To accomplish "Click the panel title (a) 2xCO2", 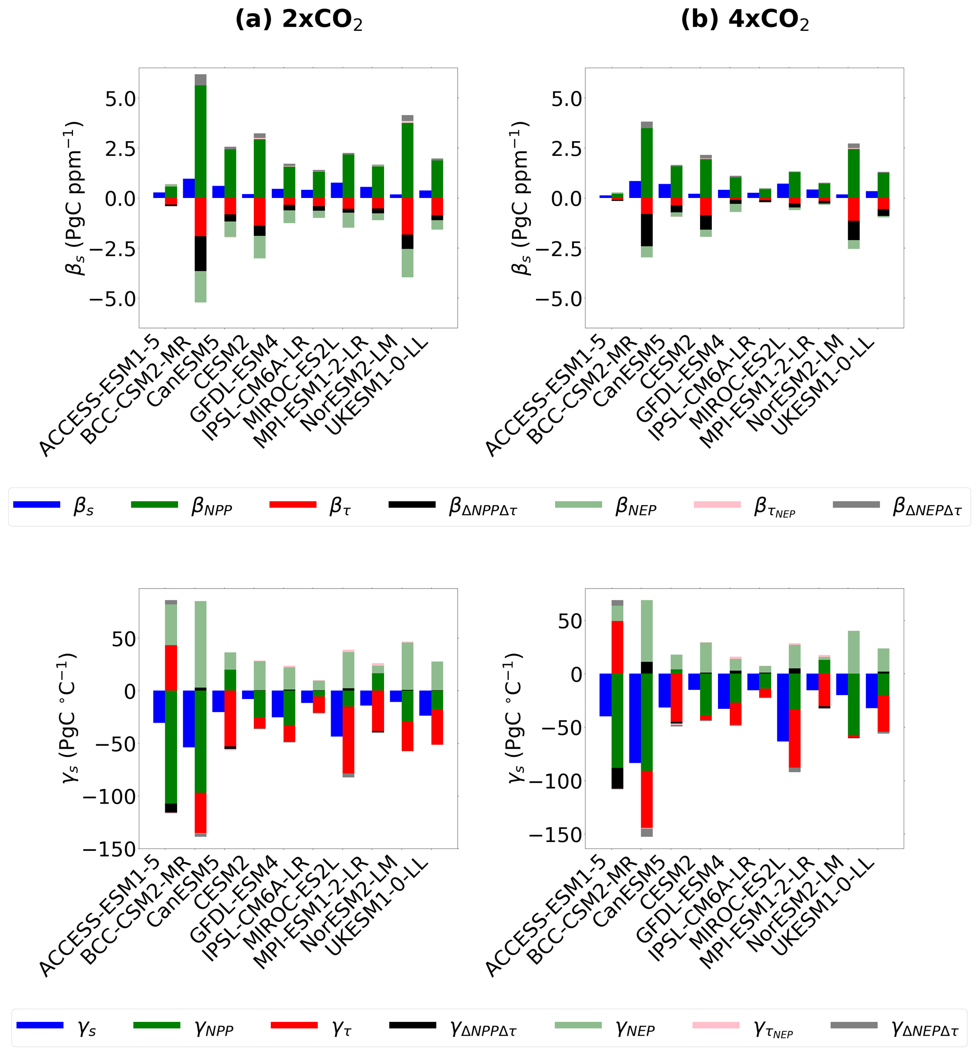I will click(299, 20).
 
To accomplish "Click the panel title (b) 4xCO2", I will click(745, 20).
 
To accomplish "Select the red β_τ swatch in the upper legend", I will click(293, 505).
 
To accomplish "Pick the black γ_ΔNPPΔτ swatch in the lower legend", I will click(413, 1025).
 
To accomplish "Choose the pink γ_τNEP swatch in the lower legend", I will click(716, 1025).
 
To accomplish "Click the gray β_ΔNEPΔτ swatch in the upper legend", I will click(856, 505).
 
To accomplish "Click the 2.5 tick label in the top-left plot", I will click(120, 148).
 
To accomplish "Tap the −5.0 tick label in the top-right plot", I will click(559, 299).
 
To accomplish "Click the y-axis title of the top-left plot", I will click(73, 198).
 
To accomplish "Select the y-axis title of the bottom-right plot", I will click(517, 718).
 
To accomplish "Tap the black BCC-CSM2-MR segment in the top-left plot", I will click(201, 254).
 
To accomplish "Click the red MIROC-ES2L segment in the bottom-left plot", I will click(348, 739).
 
